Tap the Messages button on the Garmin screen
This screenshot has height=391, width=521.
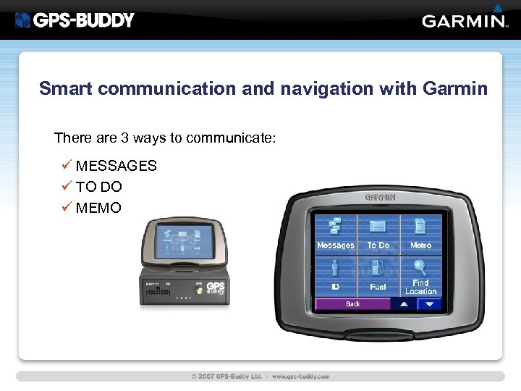(336, 234)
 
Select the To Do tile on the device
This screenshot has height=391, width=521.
(378, 234)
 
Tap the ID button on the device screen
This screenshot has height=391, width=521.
(336, 275)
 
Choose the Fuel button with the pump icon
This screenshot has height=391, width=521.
(378, 275)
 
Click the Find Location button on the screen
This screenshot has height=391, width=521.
(420, 275)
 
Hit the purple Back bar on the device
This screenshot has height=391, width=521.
(352, 304)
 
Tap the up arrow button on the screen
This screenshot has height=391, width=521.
(404, 304)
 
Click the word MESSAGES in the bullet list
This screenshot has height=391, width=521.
(116, 166)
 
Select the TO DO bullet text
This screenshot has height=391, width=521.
(99, 187)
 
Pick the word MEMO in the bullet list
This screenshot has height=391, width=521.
(99, 208)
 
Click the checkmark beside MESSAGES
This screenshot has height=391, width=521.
(67, 166)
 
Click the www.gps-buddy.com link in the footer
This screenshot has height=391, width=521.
(301, 377)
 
